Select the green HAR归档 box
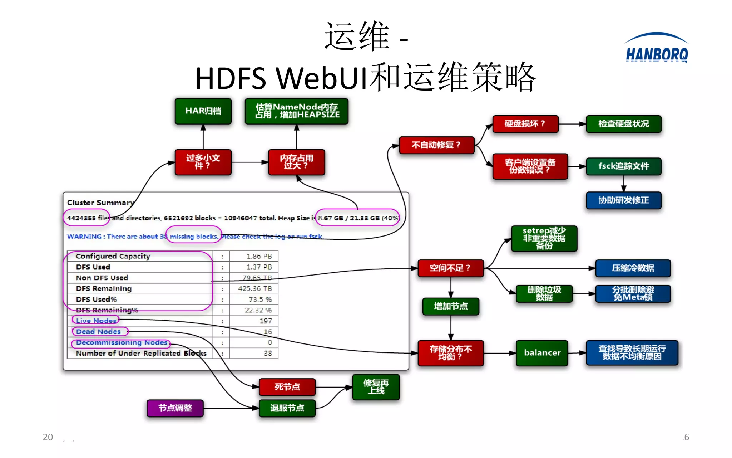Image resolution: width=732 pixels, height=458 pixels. [x=203, y=111]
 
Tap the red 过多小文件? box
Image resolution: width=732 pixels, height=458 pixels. [x=203, y=162]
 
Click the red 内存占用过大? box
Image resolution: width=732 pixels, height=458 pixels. [x=296, y=162]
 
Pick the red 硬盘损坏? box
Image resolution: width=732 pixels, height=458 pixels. [x=525, y=124]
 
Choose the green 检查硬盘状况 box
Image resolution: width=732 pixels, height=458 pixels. [x=623, y=124]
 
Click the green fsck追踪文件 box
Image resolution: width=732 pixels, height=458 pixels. [x=623, y=166]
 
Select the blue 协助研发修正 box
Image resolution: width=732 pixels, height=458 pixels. [x=623, y=200]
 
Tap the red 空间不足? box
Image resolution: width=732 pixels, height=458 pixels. [x=450, y=268]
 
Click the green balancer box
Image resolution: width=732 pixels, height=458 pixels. [x=542, y=353]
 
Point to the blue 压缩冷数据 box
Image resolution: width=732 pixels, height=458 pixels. [x=633, y=268]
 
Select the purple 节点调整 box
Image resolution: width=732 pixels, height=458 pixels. [x=175, y=408]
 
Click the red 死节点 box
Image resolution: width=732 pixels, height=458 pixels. [x=287, y=387]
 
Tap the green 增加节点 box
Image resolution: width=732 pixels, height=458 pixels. [x=450, y=306]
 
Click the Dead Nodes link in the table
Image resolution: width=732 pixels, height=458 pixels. [x=98, y=332]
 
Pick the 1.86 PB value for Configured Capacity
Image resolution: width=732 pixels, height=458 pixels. [x=259, y=256]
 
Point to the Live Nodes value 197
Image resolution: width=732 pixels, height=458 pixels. [x=265, y=321]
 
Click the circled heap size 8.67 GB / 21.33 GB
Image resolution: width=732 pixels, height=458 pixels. [x=357, y=218]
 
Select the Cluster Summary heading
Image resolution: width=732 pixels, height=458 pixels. [x=100, y=203]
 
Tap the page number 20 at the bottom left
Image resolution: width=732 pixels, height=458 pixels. [x=48, y=437]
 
